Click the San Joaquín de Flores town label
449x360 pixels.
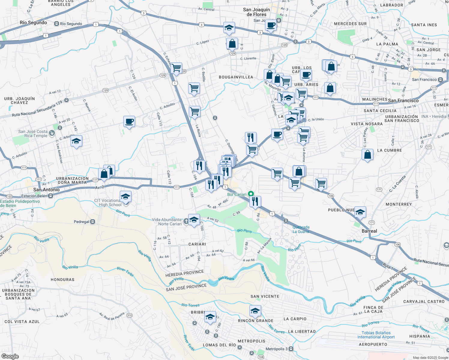pos(256,12)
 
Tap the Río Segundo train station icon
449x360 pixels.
pos(56,24)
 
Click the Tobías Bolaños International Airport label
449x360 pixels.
pos(376,335)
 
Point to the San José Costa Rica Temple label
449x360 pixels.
pos(33,133)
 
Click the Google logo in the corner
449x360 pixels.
pos(10,356)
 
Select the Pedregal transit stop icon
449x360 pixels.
pos(93,222)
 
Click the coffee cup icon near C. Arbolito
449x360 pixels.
pos(129,121)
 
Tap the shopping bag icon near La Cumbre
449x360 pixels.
pos(367,155)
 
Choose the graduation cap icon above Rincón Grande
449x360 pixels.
pos(255,311)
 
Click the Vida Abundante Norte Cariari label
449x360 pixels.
pos(167,222)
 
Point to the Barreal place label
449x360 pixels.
pos(369,231)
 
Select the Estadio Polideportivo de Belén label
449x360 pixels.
pos(20,203)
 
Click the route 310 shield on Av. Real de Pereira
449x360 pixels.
pos(129,315)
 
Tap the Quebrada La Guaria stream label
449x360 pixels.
pos(301,229)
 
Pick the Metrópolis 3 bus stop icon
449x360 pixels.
pos(291,349)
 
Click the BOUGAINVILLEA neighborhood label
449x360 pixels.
pos(236,77)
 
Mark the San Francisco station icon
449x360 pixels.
pos(440,79)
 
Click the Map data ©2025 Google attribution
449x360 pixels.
pos(430,358)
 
